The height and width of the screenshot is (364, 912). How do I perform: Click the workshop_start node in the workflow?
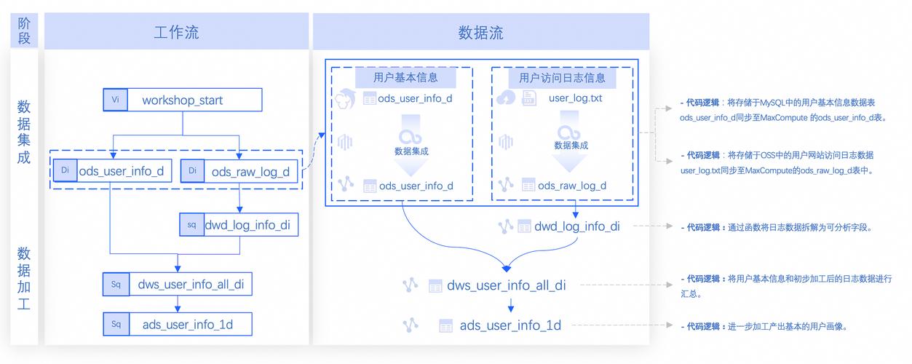(x=182, y=100)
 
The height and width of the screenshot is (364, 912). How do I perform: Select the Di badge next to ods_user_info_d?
(x=65, y=171)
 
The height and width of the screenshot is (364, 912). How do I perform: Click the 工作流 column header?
(x=176, y=33)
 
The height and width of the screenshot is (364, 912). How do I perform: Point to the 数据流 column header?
(x=480, y=33)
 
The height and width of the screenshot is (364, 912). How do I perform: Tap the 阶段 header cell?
(x=24, y=33)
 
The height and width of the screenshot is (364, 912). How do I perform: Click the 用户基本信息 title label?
(x=405, y=77)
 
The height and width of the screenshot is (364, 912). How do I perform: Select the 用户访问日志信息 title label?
(x=561, y=77)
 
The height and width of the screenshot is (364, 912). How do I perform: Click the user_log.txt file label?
(x=575, y=98)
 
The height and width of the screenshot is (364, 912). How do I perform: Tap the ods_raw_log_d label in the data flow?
(x=572, y=186)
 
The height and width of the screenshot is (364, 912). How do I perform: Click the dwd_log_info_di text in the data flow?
(x=577, y=226)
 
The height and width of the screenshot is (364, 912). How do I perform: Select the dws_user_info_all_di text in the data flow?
(x=507, y=285)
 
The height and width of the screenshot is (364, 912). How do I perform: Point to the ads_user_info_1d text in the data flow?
(x=510, y=325)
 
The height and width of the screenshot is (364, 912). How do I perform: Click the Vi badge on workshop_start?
(x=115, y=100)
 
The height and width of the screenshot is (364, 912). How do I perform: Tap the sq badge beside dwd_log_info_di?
(x=191, y=225)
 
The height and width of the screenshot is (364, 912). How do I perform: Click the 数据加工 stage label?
(x=24, y=278)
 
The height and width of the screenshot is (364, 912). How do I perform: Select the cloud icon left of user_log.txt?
(x=504, y=98)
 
